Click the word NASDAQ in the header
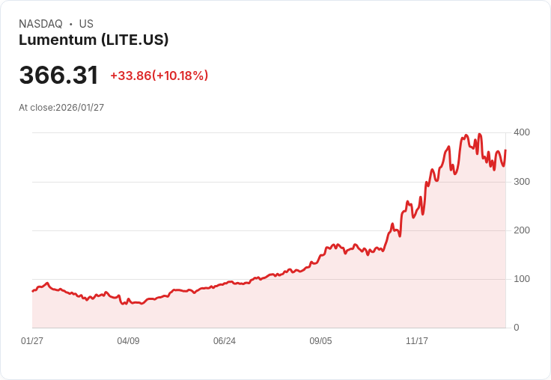tap(40, 24)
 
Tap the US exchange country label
tap(86, 24)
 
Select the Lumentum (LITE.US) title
tap(94, 40)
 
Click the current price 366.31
tap(58, 76)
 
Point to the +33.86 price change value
tap(130, 76)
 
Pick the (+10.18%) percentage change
tap(180, 76)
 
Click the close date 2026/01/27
tap(80, 108)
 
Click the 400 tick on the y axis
tap(522, 132)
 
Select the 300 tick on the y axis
tap(522, 182)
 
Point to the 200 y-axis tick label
tap(522, 230)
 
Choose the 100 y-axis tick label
tap(522, 279)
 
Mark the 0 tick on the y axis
tap(517, 328)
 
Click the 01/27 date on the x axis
tap(32, 341)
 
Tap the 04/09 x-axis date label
tap(128, 341)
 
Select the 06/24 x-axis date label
tap(225, 341)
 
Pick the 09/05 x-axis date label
tap(320, 341)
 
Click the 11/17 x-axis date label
tap(417, 341)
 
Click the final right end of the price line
tap(505, 150)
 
